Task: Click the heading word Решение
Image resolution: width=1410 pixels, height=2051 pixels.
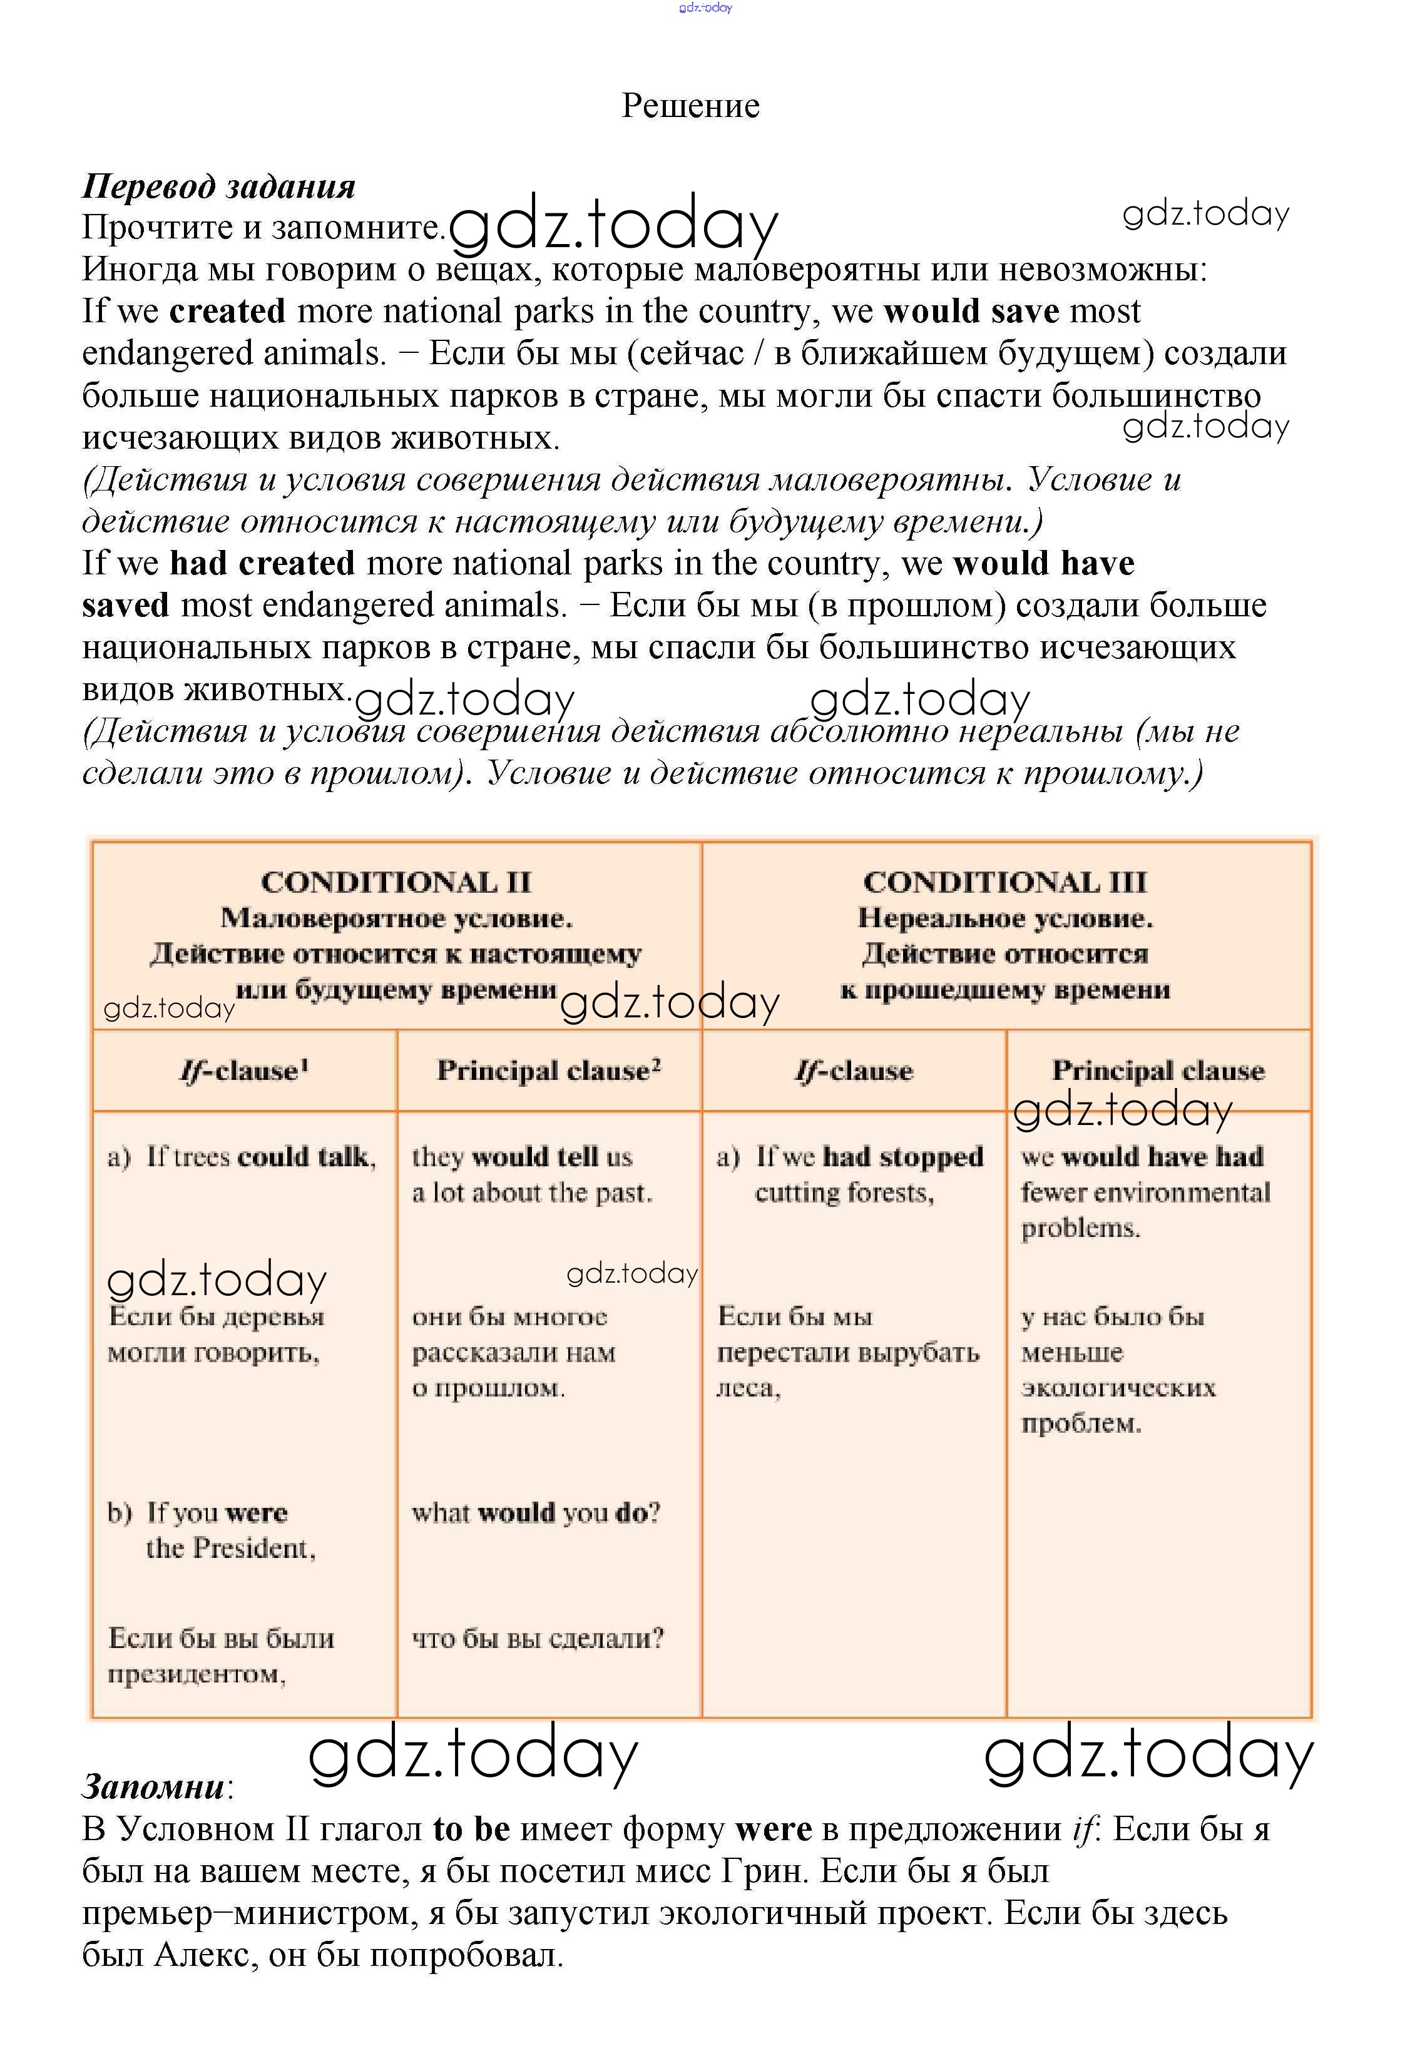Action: (690, 106)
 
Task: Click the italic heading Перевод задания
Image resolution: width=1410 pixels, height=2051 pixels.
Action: (219, 186)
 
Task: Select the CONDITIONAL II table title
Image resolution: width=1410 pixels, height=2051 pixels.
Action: (396, 882)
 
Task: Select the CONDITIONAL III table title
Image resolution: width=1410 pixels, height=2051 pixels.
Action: (1004, 882)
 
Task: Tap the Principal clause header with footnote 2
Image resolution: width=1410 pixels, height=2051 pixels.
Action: (549, 1071)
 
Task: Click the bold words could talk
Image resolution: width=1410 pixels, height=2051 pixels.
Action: (305, 1156)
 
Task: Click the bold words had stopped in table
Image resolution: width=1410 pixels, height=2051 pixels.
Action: (903, 1156)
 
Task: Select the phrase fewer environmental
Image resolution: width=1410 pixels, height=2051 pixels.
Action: (1145, 1193)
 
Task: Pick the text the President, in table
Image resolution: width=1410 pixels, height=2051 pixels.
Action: (230, 1547)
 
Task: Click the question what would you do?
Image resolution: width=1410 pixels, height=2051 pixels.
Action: (535, 1512)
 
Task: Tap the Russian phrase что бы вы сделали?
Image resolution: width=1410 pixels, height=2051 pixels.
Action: (537, 1639)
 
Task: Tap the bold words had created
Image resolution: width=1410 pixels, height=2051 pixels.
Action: (262, 562)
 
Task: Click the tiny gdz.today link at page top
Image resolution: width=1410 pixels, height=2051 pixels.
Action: (705, 8)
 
